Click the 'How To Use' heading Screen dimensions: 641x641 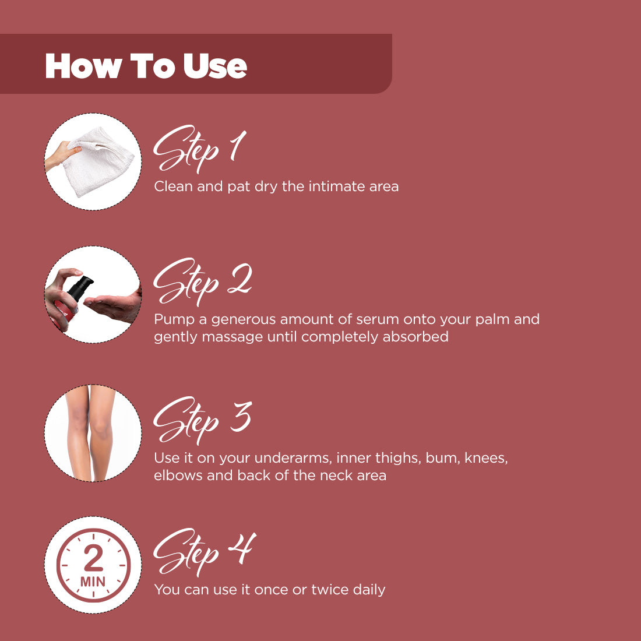(x=146, y=65)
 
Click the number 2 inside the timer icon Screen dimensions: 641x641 (x=93, y=559)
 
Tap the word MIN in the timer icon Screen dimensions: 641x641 (x=93, y=582)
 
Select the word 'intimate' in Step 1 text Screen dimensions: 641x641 (x=335, y=186)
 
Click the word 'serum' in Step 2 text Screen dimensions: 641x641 (x=365, y=319)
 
